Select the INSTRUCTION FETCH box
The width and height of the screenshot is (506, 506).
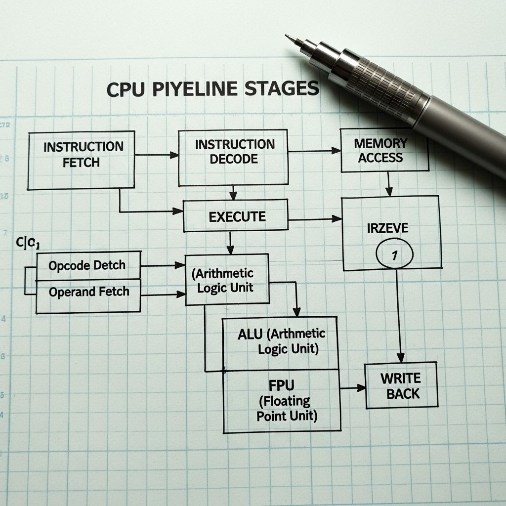tap(81, 160)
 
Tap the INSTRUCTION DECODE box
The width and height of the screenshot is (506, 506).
tap(234, 158)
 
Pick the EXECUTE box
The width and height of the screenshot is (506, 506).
tap(236, 216)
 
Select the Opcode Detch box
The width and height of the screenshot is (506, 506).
tap(88, 265)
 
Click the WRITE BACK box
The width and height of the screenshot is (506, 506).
tap(401, 385)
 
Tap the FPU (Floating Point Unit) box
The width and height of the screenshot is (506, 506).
tap(282, 400)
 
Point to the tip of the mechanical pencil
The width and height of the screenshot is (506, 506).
tap(288, 37)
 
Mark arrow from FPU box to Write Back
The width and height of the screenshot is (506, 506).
tap(353, 388)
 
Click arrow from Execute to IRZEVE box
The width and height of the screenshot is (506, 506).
tap(315, 218)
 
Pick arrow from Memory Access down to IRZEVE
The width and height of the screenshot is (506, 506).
tap(389, 184)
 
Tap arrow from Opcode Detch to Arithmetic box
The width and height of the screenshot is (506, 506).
tap(163, 266)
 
